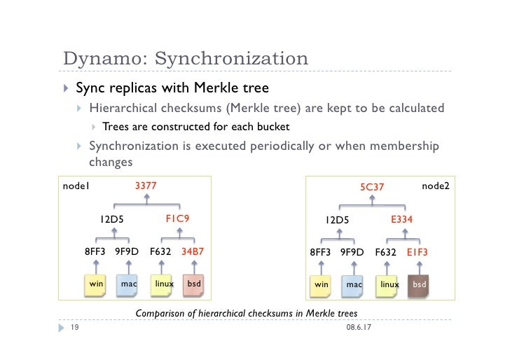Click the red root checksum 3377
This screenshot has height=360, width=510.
(145, 186)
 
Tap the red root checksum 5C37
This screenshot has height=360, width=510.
(372, 187)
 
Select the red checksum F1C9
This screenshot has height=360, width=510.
(177, 219)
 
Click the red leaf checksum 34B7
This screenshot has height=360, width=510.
(193, 251)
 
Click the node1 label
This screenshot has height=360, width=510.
(76, 186)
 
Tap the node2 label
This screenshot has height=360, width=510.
(435, 186)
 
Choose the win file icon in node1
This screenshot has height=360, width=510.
(96, 284)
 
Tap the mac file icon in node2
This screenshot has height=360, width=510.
(354, 284)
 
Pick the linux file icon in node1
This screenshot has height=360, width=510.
(164, 284)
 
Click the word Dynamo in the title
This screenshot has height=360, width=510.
(104, 59)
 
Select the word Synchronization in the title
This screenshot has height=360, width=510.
(231, 59)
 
